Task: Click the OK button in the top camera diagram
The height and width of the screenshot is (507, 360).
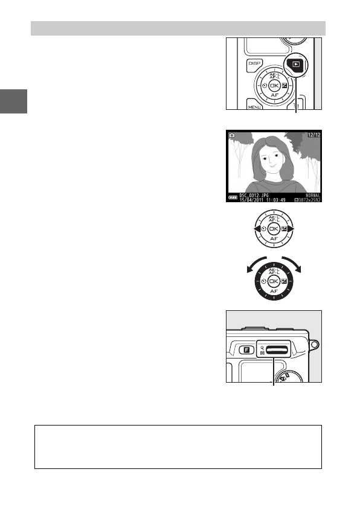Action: coord(274,86)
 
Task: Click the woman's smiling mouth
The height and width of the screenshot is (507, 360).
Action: coord(273,171)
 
